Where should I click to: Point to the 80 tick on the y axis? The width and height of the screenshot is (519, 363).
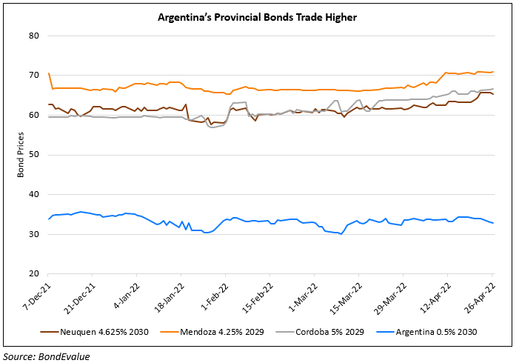(34, 36)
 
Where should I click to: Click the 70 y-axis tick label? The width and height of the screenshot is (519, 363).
(34, 76)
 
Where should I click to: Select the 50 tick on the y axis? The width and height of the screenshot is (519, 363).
(34, 155)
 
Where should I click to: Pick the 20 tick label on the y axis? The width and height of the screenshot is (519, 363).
(34, 274)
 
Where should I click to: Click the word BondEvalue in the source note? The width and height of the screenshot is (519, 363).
(60, 356)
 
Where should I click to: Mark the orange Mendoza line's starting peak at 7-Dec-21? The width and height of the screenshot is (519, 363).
(49, 73)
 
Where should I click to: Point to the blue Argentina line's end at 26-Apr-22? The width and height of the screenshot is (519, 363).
(494, 223)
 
